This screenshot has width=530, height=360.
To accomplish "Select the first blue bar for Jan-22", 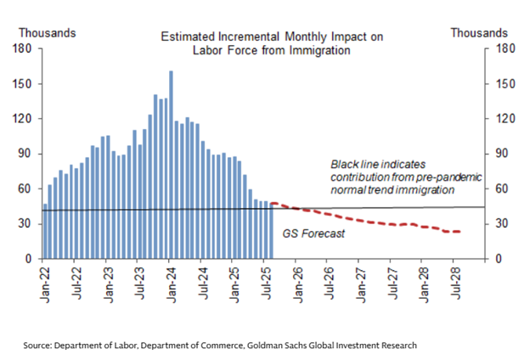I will click(x=45, y=230).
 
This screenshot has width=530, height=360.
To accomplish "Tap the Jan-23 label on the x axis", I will click(x=107, y=278).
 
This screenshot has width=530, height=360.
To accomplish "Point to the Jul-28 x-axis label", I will click(x=454, y=278).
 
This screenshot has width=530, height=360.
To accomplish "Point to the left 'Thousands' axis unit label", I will click(x=48, y=32).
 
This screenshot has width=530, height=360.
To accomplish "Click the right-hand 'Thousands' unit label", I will click(x=478, y=32).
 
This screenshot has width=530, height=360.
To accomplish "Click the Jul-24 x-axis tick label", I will click(x=202, y=278).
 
